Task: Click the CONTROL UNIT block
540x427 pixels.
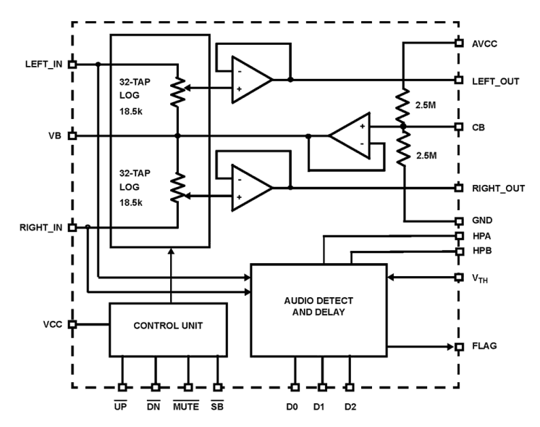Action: click(x=167, y=326)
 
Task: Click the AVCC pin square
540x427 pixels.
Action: click(x=458, y=43)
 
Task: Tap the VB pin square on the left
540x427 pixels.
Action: click(x=72, y=136)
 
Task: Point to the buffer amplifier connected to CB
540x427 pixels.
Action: click(x=350, y=136)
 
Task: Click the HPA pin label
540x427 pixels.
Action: click(x=481, y=236)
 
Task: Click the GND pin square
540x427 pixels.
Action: click(x=458, y=220)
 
